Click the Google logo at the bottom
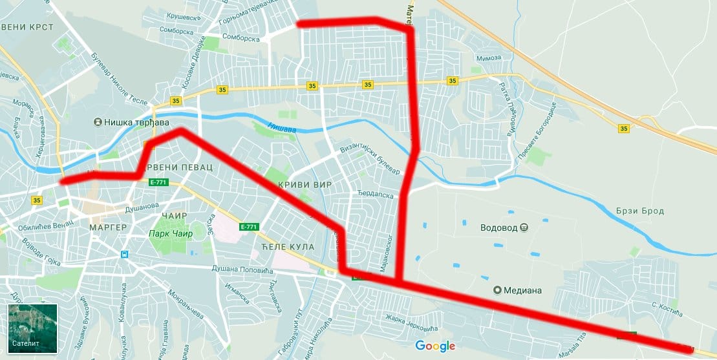click(435, 346)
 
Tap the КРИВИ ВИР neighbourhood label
click(305, 185)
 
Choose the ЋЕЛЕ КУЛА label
click(288, 247)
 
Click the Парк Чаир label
click(171, 233)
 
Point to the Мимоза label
click(488, 58)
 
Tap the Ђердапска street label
click(376, 194)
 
